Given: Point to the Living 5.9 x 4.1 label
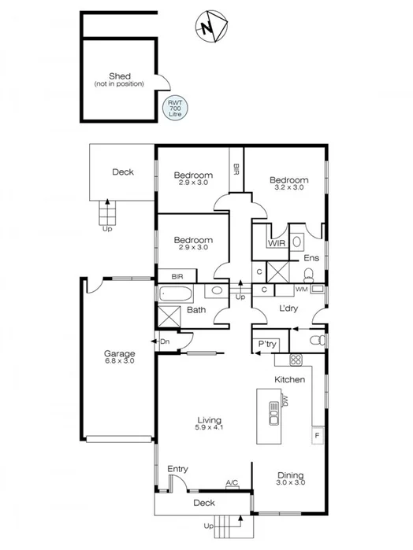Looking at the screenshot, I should (209, 423).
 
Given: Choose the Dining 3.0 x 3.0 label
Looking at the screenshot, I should (290, 478).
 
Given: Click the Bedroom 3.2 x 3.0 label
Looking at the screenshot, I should (288, 183).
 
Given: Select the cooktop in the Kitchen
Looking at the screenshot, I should (296, 360).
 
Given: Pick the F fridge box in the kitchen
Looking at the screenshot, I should (317, 434).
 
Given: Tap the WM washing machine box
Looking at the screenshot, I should (301, 290).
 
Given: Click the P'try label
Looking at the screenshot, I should (266, 345).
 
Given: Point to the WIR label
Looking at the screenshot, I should (275, 244).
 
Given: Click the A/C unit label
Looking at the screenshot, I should (232, 482).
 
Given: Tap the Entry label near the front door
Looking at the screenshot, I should (178, 469).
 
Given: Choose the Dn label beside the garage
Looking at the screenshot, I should (165, 341).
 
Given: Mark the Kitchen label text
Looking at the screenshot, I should (288, 379).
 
